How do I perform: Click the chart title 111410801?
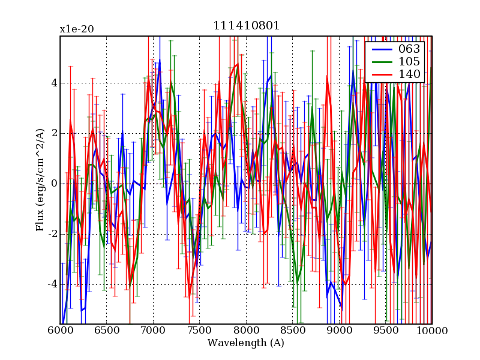click(x=246, y=26)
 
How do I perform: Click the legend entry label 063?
click(x=409, y=49)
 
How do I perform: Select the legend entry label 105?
click(x=409, y=61)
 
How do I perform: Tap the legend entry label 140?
click(x=409, y=74)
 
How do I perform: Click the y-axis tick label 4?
click(x=53, y=83)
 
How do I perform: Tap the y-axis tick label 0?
click(x=53, y=184)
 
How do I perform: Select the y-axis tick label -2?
click(x=52, y=234)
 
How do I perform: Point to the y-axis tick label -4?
click(x=52, y=284)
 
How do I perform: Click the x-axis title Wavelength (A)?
click(x=246, y=344)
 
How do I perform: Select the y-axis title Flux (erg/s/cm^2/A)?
click(x=40, y=180)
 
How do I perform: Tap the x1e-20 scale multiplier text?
click(x=76, y=29)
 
